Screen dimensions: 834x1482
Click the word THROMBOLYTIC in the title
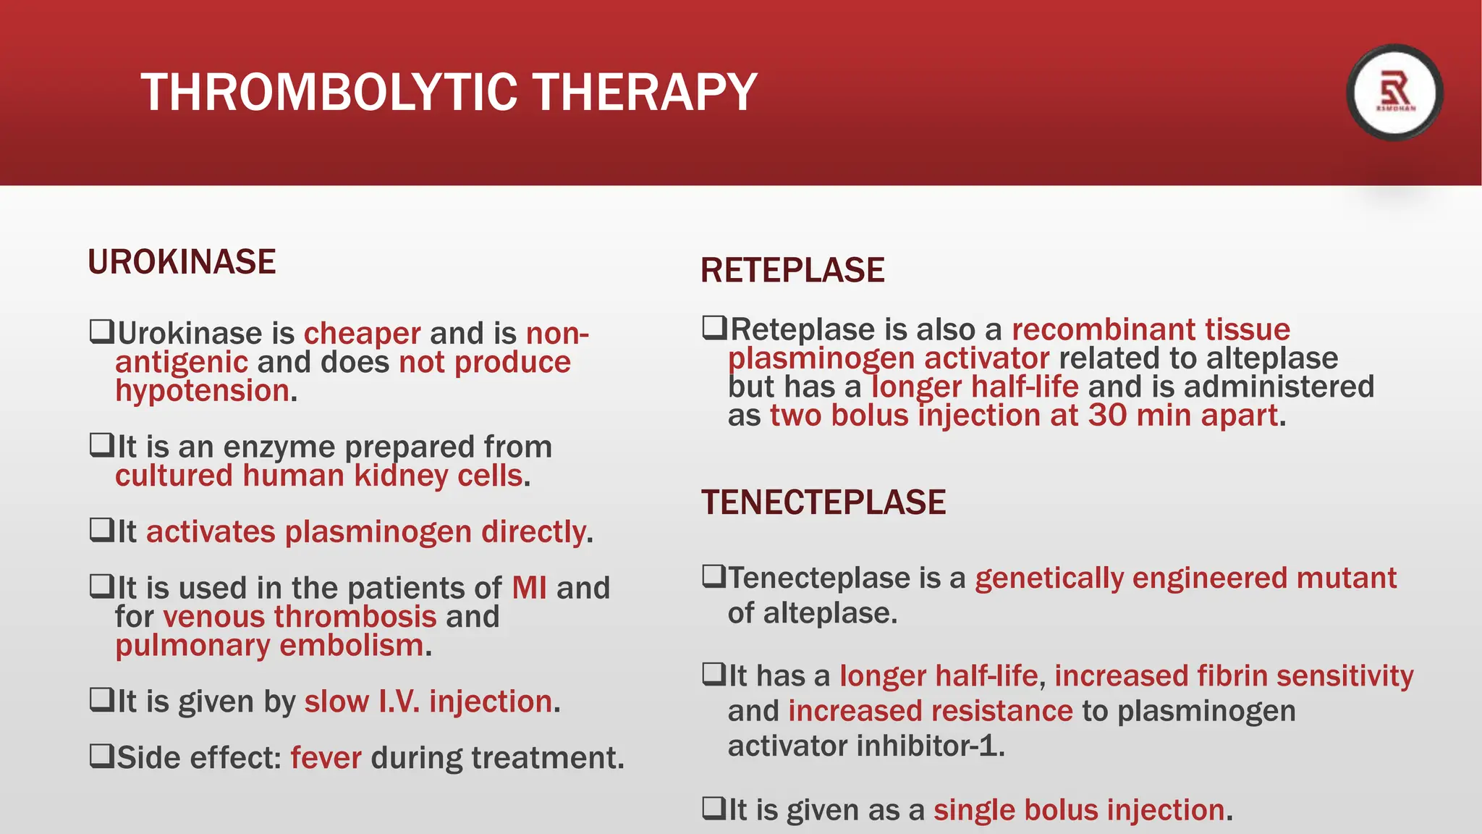tap(329, 93)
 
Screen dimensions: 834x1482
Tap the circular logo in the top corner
tap(1394, 93)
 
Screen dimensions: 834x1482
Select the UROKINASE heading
tap(182, 262)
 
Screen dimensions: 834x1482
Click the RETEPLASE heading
tap(792, 271)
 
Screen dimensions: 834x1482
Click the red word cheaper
tap(362, 334)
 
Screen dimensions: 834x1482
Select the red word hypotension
tap(203, 391)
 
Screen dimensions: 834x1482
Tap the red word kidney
tap(401, 476)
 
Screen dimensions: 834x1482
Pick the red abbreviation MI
tap(529, 588)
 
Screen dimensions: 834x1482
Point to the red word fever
tap(326, 758)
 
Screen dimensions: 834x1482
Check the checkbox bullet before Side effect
tap(101, 756)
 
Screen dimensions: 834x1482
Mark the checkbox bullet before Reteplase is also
tap(714, 327)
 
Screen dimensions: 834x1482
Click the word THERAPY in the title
tap(645, 93)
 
